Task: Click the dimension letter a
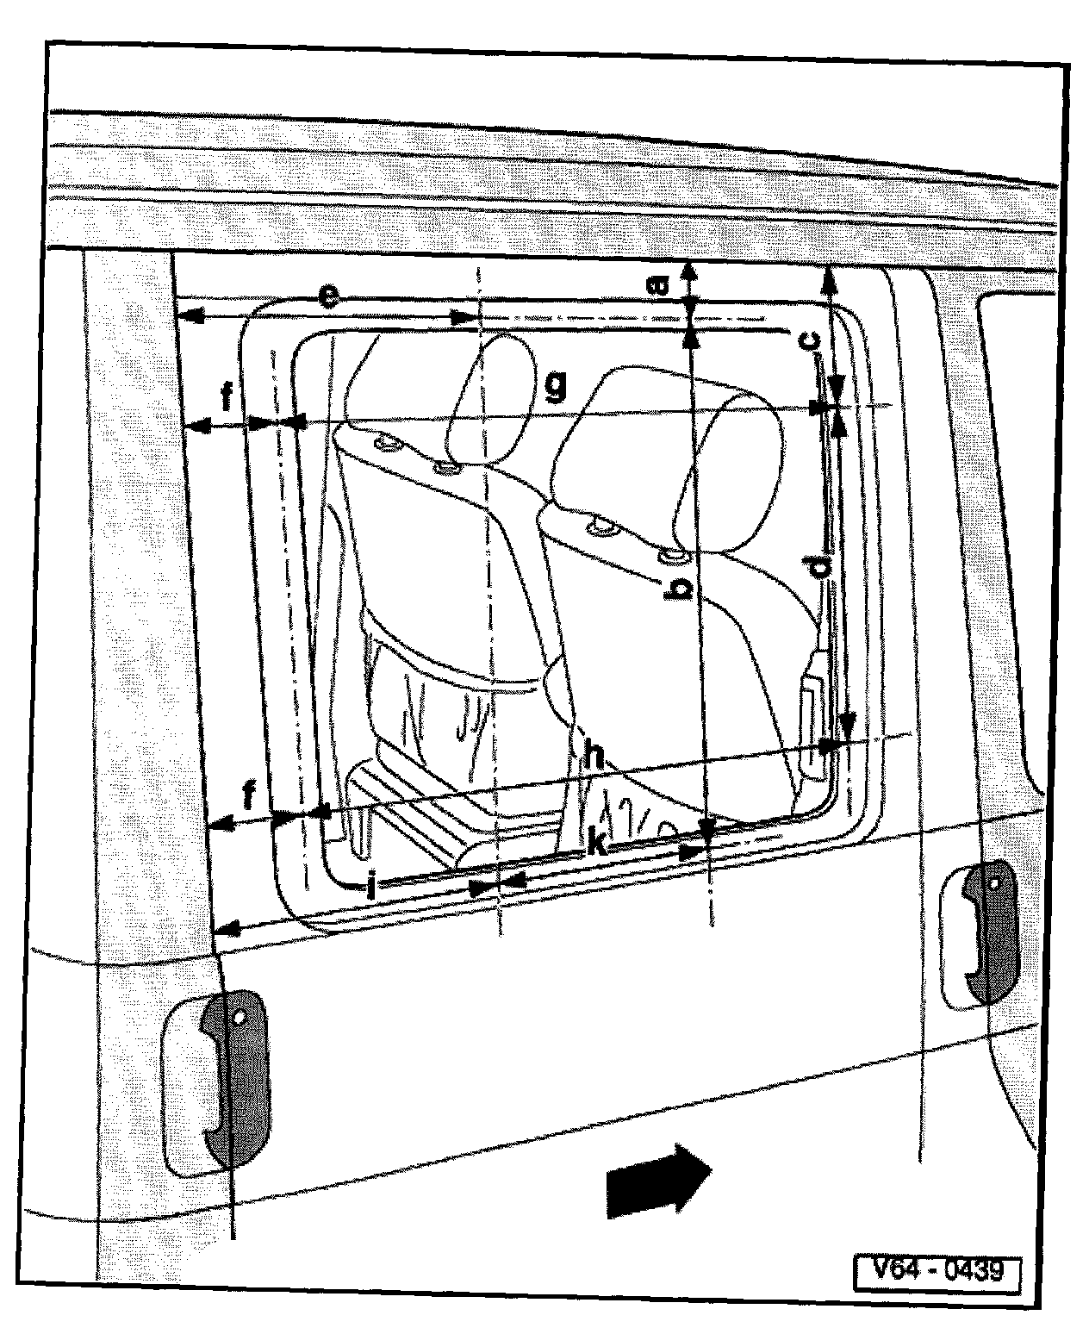pyautogui.click(x=658, y=285)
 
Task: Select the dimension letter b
pyautogui.click(x=681, y=589)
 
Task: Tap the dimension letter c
pyautogui.click(x=811, y=340)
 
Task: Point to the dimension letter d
pyautogui.click(x=820, y=566)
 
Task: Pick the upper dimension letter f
pyautogui.click(x=227, y=397)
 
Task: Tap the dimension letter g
pyautogui.click(x=556, y=387)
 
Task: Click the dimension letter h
pyautogui.click(x=594, y=756)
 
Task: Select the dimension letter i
pyautogui.click(x=371, y=887)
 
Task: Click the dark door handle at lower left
pyautogui.click(x=233, y=1077)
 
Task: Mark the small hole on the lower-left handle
pyautogui.click(x=236, y=1017)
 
